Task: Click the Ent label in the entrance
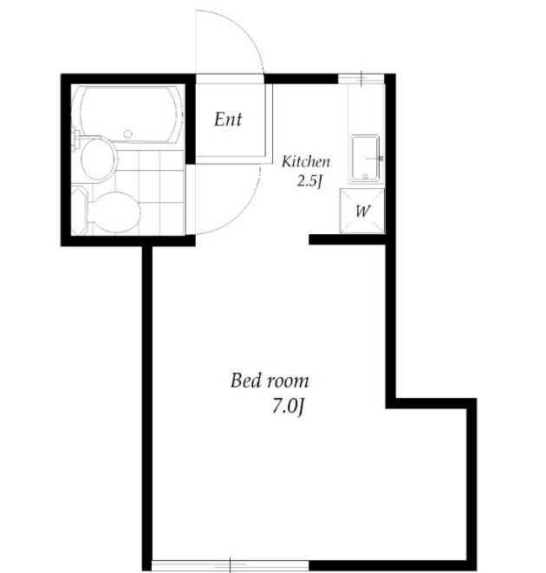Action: click(228, 120)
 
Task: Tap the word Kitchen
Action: click(306, 161)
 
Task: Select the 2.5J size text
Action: click(309, 181)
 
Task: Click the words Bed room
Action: click(270, 381)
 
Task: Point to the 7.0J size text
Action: click(288, 407)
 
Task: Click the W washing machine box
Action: click(362, 211)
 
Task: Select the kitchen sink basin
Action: click(365, 159)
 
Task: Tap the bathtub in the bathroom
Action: click(127, 114)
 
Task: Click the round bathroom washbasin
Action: click(98, 160)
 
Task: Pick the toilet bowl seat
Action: click(114, 212)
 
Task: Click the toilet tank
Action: click(80, 211)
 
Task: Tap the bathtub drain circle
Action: click(127, 134)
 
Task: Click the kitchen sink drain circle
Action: click(365, 176)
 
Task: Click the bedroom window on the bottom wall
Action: click(231, 566)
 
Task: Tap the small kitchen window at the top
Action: click(361, 78)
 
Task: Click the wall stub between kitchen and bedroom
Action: click(348, 240)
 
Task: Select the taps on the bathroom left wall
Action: click(75, 138)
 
